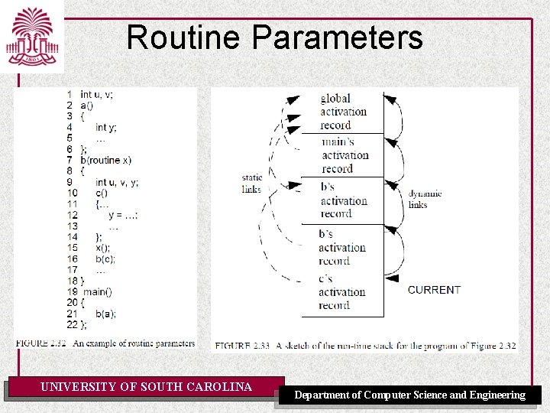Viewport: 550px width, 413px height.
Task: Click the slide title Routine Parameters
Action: [274, 37]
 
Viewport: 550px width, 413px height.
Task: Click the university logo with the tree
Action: [31, 37]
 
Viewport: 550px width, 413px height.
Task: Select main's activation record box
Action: [343, 155]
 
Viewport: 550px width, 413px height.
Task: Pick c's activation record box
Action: [341, 292]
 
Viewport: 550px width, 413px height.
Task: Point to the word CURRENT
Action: [434, 290]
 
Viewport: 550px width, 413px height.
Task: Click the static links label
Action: [251, 184]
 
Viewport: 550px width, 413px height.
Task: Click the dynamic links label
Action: [425, 199]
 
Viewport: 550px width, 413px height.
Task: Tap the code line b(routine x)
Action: [105, 161]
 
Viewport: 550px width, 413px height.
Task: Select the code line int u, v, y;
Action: [117, 183]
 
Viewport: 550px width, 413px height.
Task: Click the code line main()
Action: [98, 291]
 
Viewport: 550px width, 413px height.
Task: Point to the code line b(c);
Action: [108, 259]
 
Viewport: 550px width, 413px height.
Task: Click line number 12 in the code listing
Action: [72, 216]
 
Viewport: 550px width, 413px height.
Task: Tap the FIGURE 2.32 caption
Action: [106, 343]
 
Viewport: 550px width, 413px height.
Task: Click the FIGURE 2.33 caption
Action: [365, 346]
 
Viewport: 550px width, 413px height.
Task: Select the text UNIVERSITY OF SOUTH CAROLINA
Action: [146, 387]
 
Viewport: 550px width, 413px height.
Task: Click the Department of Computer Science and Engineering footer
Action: [410, 395]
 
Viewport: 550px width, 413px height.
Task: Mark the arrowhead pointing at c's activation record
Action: [391, 278]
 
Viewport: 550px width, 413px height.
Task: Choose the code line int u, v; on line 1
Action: [96, 95]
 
